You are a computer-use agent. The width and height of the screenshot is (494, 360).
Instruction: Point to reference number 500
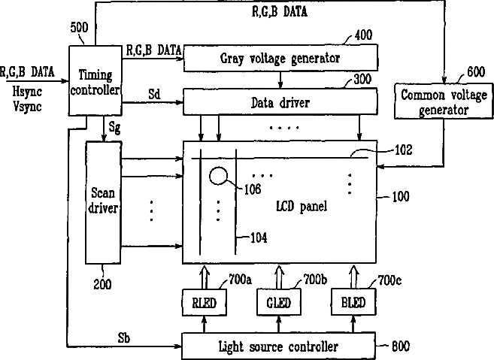coord(79,27)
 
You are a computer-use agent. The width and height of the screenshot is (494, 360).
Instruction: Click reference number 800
coord(401,346)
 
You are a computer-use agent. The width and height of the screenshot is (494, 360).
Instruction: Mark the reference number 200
coord(102,284)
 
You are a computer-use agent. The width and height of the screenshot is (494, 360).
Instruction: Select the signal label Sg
coord(114,128)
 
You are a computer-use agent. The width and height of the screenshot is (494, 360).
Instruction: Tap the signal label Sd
coord(154,94)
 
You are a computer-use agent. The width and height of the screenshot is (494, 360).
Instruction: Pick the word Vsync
coord(27,107)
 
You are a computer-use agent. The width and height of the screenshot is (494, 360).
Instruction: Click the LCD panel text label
coord(302,206)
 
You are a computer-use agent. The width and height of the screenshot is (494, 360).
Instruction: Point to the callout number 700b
coord(315,279)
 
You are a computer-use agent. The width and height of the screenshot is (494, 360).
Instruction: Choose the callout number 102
coord(403,150)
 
